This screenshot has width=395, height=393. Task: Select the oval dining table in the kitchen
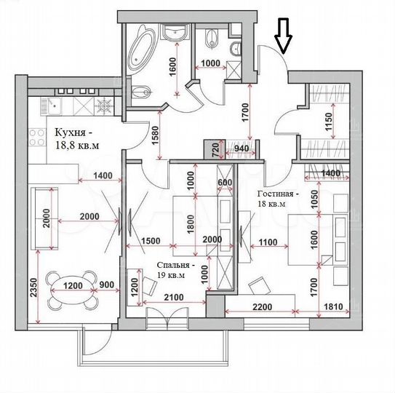point(68,287)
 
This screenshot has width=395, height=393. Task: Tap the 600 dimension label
point(225,183)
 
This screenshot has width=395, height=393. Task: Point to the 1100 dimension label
point(268,242)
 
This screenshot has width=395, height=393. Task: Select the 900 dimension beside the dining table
point(108,286)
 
